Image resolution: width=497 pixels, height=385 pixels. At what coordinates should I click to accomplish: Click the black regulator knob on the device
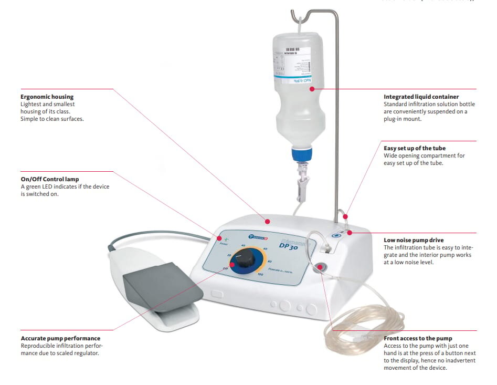pyautogui.click(x=244, y=261)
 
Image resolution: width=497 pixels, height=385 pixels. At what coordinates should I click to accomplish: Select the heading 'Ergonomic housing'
pyautogui.click(x=47, y=97)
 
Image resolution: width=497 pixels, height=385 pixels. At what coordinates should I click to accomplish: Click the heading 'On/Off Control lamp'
pyautogui.click(x=50, y=179)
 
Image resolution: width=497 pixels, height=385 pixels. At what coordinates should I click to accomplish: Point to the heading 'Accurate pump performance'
pyautogui.click(x=60, y=338)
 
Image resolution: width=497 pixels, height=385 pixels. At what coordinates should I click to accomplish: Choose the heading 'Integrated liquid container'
pyautogui.click(x=421, y=97)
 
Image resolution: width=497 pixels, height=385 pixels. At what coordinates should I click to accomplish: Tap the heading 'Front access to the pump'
pyautogui.click(x=418, y=338)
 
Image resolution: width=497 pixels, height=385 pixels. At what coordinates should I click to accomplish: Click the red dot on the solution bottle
pyautogui.click(x=312, y=89)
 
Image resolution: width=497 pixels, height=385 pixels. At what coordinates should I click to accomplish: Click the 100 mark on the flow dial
pyautogui.click(x=260, y=275)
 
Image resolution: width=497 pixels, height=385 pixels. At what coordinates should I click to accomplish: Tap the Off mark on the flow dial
pyautogui.click(x=225, y=268)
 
